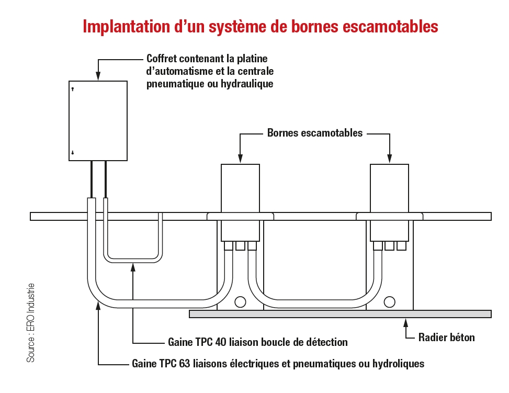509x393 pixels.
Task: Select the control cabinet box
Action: pos(98,120)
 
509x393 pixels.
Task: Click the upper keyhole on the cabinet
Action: pos(73,89)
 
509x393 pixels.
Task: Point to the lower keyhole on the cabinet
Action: pos(73,152)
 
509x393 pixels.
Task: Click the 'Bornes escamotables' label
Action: pos(314,133)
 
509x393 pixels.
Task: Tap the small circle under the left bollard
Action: pos(240,302)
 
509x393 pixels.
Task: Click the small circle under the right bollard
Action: pos(389,302)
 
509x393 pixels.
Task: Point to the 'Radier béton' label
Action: pos(446,338)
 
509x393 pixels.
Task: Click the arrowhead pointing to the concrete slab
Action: pos(406,322)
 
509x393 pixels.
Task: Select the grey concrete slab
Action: pos(340,314)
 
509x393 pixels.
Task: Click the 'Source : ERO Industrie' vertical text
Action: pos(31,323)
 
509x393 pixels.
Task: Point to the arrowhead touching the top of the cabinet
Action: pos(98,76)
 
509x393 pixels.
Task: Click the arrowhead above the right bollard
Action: pos(389,159)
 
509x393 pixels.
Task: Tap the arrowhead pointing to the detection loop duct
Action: pos(133,267)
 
